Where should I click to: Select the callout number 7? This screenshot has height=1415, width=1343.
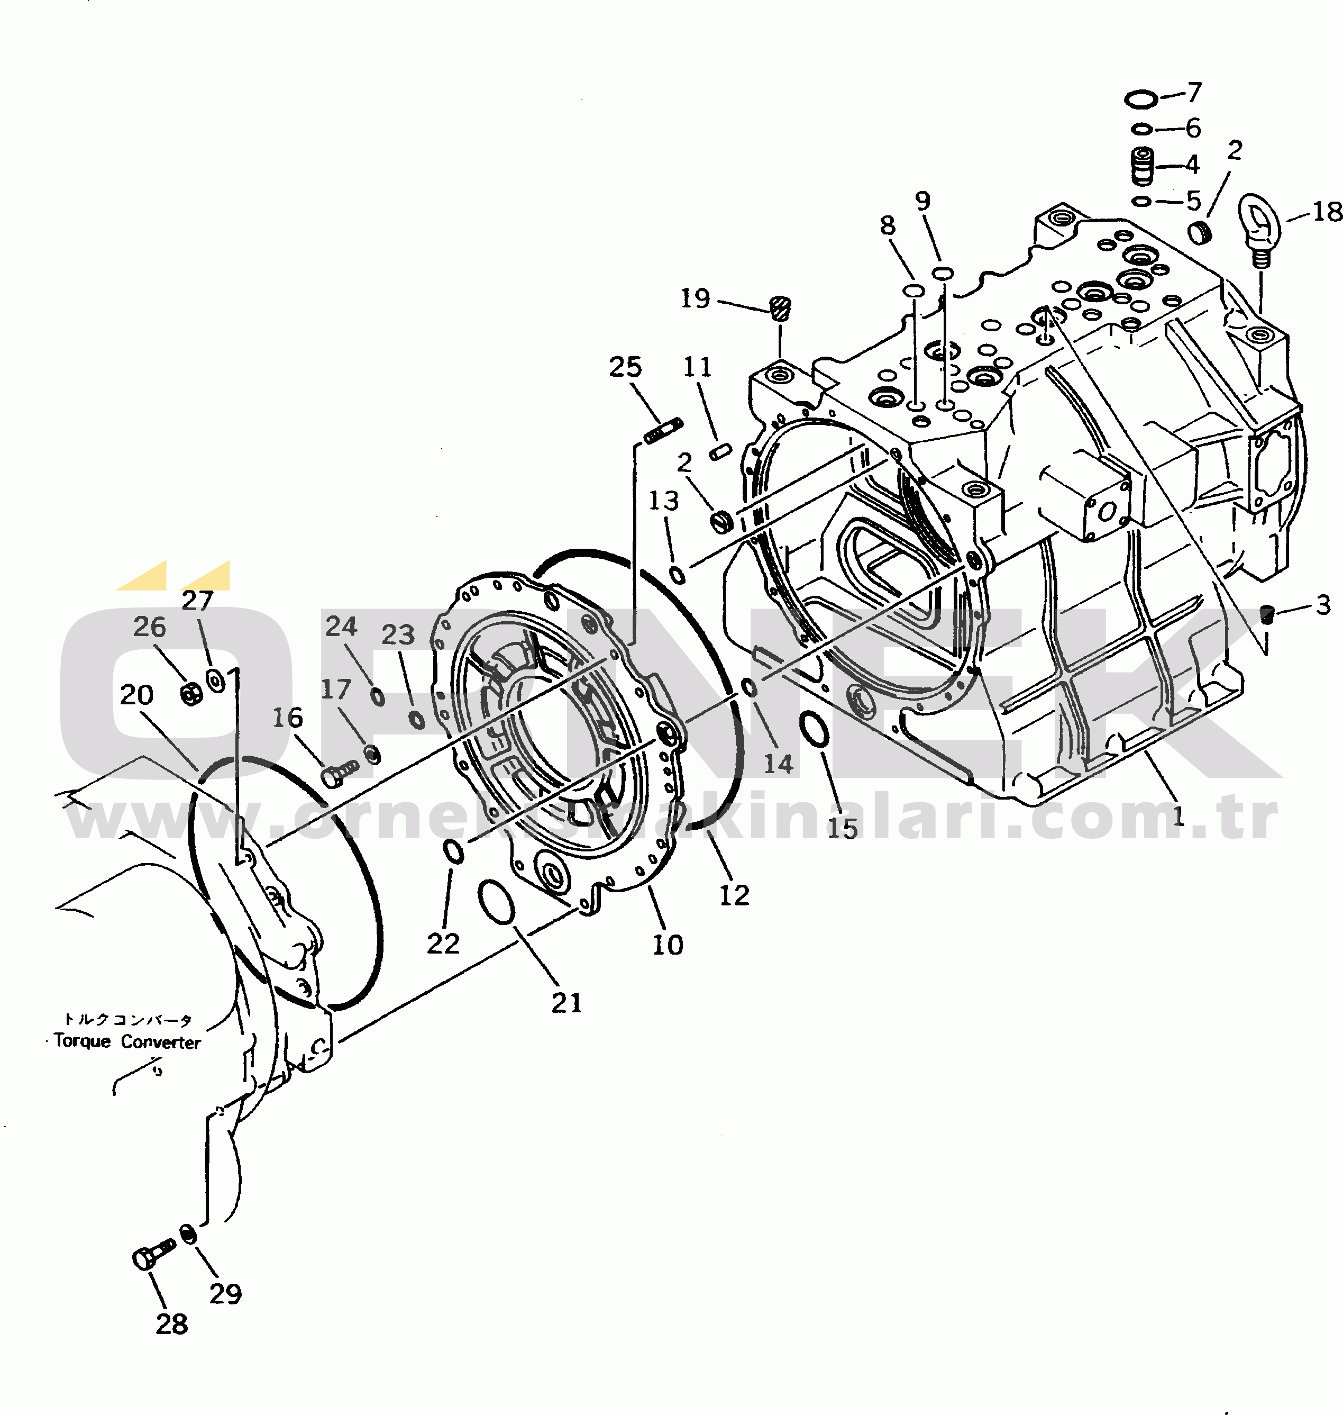(1193, 93)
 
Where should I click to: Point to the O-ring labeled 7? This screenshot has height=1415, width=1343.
(1140, 99)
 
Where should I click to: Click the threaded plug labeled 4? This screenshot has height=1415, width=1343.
(1143, 166)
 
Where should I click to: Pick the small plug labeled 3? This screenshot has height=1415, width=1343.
(1267, 614)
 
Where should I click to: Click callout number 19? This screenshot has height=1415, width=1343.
(695, 298)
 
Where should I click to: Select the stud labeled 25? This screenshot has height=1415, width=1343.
(662, 432)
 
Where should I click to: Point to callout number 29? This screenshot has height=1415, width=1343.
(225, 1293)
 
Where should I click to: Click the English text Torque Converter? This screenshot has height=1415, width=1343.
(127, 1041)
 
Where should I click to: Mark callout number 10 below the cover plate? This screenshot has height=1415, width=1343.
(667, 945)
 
